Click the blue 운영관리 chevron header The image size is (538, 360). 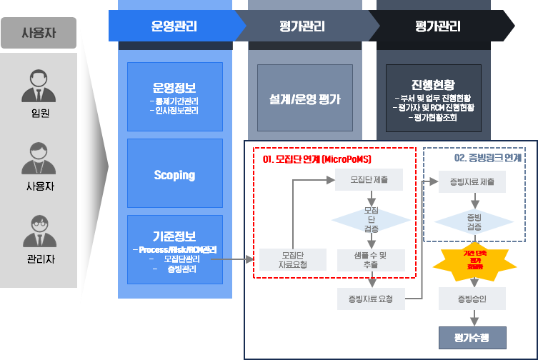174,26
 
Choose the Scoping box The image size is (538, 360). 174,175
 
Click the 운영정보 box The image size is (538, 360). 174,96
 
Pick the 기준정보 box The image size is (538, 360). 174,250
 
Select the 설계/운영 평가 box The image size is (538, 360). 305,99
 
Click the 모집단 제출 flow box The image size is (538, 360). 370,180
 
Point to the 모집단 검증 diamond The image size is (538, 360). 371,219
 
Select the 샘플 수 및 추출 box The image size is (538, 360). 371,259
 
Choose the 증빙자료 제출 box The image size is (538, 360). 473,181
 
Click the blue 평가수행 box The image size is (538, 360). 472,336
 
